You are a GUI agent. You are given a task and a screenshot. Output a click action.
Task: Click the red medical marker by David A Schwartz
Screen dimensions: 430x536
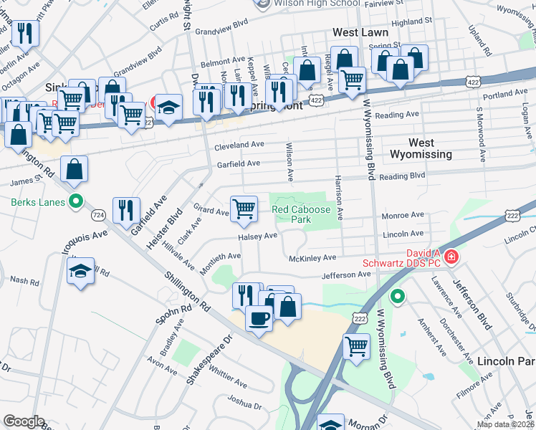(x=451, y=257)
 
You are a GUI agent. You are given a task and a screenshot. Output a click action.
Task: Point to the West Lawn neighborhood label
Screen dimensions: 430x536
(x=360, y=32)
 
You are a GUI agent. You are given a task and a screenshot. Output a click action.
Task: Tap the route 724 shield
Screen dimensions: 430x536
(x=98, y=214)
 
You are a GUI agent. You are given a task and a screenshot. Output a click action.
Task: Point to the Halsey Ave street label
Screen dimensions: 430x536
(x=258, y=236)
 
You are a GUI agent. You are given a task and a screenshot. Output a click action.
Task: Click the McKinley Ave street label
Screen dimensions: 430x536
(x=312, y=258)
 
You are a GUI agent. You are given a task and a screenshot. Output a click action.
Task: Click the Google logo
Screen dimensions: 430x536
(x=24, y=421)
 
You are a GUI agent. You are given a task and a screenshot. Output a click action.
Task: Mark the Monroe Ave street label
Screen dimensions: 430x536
(x=405, y=215)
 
